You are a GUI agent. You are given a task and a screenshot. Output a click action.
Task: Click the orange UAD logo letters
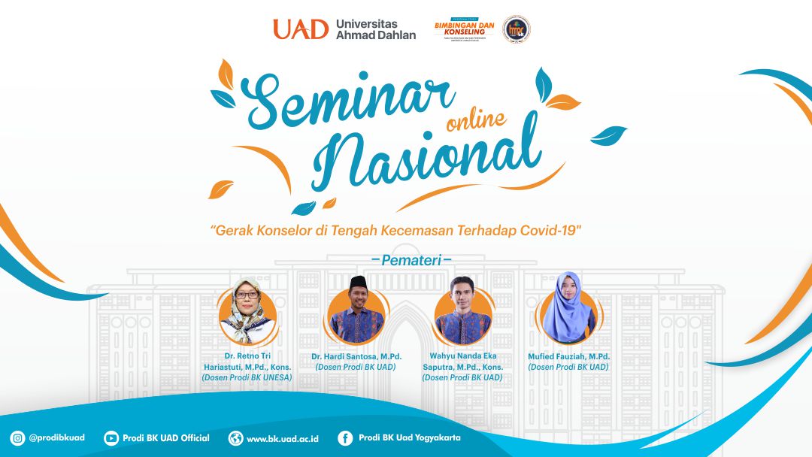pos(301,29)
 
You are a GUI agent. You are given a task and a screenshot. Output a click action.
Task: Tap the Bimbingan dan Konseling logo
pos(464,29)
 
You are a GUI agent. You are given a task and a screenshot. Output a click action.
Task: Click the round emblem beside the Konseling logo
pos(516,29)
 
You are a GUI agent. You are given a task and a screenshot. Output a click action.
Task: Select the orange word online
pos(475,118)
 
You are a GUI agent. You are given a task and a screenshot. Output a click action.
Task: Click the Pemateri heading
pos(411,260)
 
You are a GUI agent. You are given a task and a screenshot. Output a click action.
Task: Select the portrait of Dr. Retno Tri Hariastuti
pos(247,310)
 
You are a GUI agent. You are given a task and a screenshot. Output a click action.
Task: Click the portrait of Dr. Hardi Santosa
pos(357,310)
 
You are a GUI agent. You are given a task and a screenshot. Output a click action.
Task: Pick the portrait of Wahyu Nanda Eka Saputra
pos(462,310)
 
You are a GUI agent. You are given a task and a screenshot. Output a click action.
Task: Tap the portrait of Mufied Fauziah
pos(568,309)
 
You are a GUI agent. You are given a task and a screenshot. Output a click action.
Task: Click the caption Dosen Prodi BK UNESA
pos(247,377)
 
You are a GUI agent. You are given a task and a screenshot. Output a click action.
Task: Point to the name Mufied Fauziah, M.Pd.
pos(568,356)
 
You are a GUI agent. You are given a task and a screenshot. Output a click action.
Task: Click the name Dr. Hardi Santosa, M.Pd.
pos(356,356)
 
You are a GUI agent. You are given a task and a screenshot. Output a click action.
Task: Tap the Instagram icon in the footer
pos(17,438)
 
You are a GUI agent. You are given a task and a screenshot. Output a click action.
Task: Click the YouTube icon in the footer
pos(111,438)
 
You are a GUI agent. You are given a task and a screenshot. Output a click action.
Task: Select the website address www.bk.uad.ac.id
pos(282,438)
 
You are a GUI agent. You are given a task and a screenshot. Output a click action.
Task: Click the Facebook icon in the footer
pos(345,438)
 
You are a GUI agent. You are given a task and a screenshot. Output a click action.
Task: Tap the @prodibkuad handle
pos(56,438)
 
